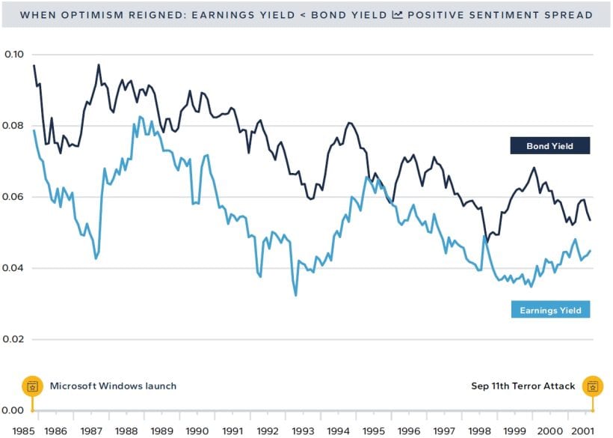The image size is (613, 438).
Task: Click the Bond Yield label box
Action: [549, 146]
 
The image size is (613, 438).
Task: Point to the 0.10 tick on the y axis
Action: [14, 55]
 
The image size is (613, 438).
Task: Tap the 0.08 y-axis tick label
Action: [14, 126]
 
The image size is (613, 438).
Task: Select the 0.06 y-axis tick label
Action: [14, 197]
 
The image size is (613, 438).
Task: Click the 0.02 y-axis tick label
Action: [14, 339]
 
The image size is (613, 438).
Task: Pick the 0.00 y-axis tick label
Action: [14, 410]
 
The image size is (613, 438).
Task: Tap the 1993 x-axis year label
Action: [302, 431]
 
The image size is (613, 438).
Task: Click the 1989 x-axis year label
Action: [161, 431]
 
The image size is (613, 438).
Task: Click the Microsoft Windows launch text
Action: [113, 386]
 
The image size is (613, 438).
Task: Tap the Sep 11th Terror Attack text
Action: [523, 386]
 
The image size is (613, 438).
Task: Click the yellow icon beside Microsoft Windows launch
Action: [32, 386]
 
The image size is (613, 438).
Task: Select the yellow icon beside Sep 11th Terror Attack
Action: [592, 386]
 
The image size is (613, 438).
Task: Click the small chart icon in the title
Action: [397, 15]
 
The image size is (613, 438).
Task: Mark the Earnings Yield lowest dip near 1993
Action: [296, 295]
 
